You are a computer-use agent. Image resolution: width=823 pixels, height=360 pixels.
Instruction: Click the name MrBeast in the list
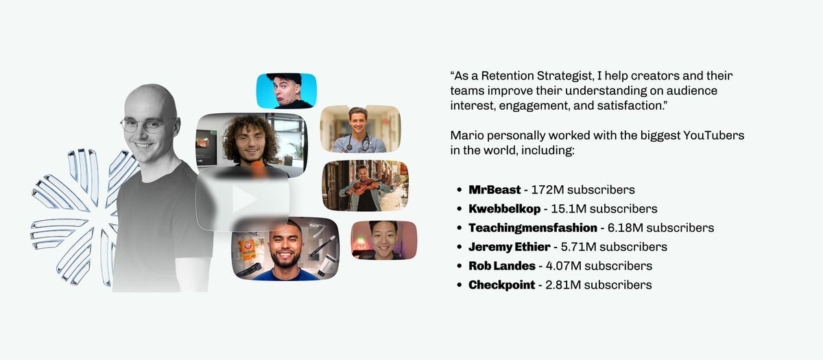(494, 189)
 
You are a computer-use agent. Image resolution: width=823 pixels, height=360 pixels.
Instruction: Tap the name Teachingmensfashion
(523, 228)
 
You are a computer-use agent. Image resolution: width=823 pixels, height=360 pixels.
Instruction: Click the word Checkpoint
(501, 285)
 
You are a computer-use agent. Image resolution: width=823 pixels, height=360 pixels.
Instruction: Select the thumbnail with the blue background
(286, 90)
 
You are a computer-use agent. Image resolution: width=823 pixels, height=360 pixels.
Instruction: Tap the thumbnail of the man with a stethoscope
(360, 129)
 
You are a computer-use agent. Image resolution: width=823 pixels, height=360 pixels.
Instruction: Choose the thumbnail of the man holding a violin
(364, 186)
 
